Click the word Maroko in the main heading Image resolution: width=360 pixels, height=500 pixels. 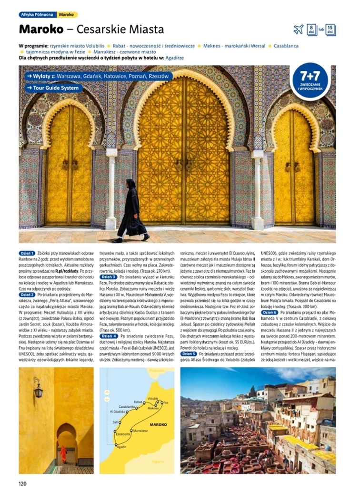[x=41, y=29]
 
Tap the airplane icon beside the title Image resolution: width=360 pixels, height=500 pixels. [x=299, y=29]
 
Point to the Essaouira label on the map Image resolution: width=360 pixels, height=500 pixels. [x=123, y=434]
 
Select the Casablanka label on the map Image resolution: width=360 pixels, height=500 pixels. [x=126, y=407]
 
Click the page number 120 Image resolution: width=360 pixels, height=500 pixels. [x=23, y=484]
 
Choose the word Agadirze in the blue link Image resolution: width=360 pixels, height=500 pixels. [x=175, y=58]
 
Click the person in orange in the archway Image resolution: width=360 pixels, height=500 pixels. [x=63, y=453]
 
